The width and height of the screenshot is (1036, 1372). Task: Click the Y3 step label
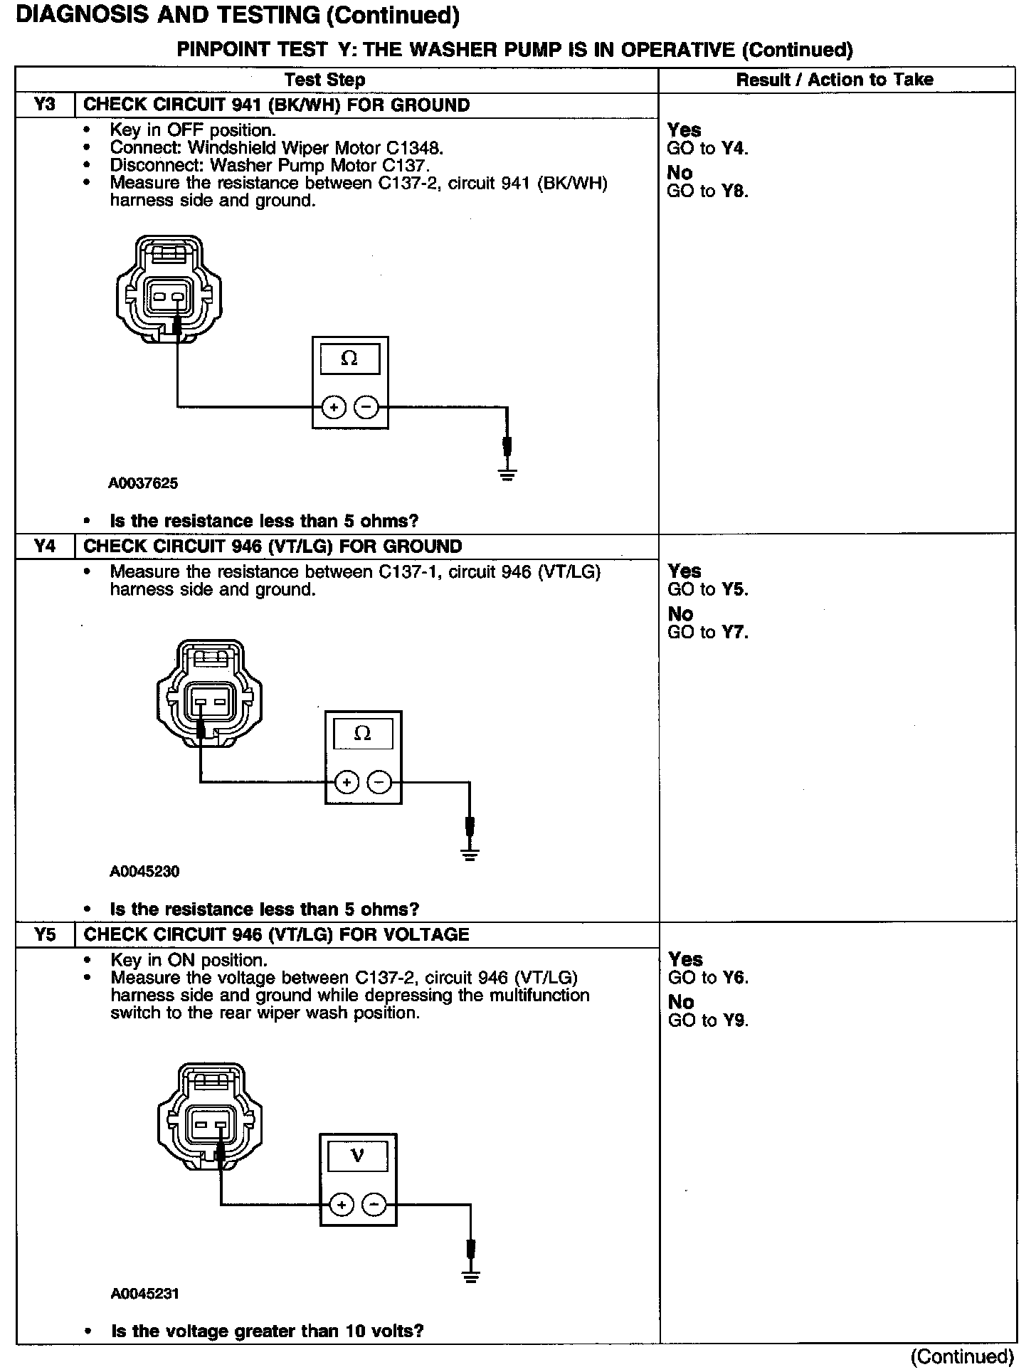click(x=44, y=105)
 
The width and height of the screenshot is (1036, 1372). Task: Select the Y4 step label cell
click(x=44, y=547)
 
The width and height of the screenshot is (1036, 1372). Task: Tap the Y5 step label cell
click(x=44, y=934)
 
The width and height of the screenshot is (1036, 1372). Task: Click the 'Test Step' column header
click(x=324, y=80)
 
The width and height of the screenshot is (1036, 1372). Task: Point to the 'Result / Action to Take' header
click(x=835, y=80)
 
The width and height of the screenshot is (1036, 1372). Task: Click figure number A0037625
click(x=143, y=483)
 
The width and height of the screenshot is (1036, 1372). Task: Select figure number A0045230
click(x=144, y=871)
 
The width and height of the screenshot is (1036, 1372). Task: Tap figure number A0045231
click(x=144, y=1294)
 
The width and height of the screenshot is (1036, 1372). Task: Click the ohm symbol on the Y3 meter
click(x=349, y=358)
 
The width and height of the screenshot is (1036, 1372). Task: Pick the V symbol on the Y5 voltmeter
click(x=357, y=1156)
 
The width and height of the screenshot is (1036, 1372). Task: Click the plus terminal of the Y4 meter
click(x=347, y=783)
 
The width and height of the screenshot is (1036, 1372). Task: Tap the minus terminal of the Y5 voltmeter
click(x=374, y=1205)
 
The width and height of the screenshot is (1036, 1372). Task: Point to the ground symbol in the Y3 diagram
click(x=507, y=473)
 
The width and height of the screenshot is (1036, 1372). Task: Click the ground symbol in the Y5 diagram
click(x=470, y=1276)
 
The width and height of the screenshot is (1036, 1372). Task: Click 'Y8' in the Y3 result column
click(x=735, y=191)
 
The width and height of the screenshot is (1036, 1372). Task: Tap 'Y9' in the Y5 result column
click(x=736, y=1020)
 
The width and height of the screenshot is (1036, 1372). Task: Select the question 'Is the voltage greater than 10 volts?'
click(x=267, y=1331)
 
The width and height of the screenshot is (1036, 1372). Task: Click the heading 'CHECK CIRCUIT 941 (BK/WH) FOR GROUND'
click(x=277, y=105)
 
